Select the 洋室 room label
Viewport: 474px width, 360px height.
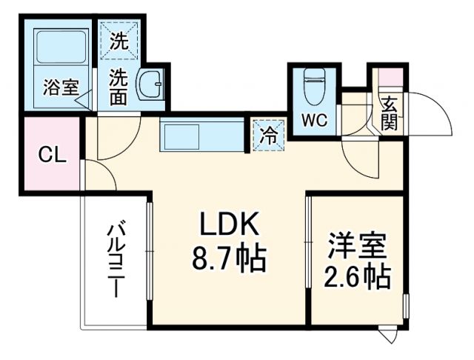click(x=357, y=244)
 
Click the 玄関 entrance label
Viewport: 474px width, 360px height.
click(x=389, y=112)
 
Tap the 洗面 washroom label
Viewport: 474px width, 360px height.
click(x=118, y=86)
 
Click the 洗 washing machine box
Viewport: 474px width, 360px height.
click(x=118, y=43)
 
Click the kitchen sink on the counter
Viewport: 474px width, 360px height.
click(x=181, y=136)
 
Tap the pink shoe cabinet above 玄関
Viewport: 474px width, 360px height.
click(x=390, y=77)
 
